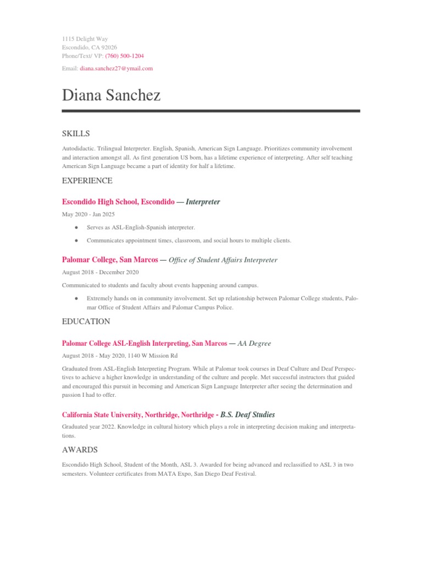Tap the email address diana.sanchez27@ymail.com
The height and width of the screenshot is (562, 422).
116,69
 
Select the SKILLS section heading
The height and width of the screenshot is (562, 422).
76,134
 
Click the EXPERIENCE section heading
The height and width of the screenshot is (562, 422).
87,181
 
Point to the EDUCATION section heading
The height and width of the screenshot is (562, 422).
86,321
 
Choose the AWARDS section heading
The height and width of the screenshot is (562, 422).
80,449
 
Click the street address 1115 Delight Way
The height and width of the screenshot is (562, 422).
85,39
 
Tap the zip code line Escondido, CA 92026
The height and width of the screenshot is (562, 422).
89,47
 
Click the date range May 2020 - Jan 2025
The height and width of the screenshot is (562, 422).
88,214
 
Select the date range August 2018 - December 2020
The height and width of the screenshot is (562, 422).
100,272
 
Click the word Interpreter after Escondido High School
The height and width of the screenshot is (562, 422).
203,202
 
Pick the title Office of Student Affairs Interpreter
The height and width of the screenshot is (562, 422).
223,260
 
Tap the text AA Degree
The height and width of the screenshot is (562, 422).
254,343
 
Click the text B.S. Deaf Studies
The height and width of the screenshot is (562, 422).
247,414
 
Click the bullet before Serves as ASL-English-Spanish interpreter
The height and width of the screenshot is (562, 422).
75,227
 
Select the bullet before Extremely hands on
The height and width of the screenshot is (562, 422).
75,298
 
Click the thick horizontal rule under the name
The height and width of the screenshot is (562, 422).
211,111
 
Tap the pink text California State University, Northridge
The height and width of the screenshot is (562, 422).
138,414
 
